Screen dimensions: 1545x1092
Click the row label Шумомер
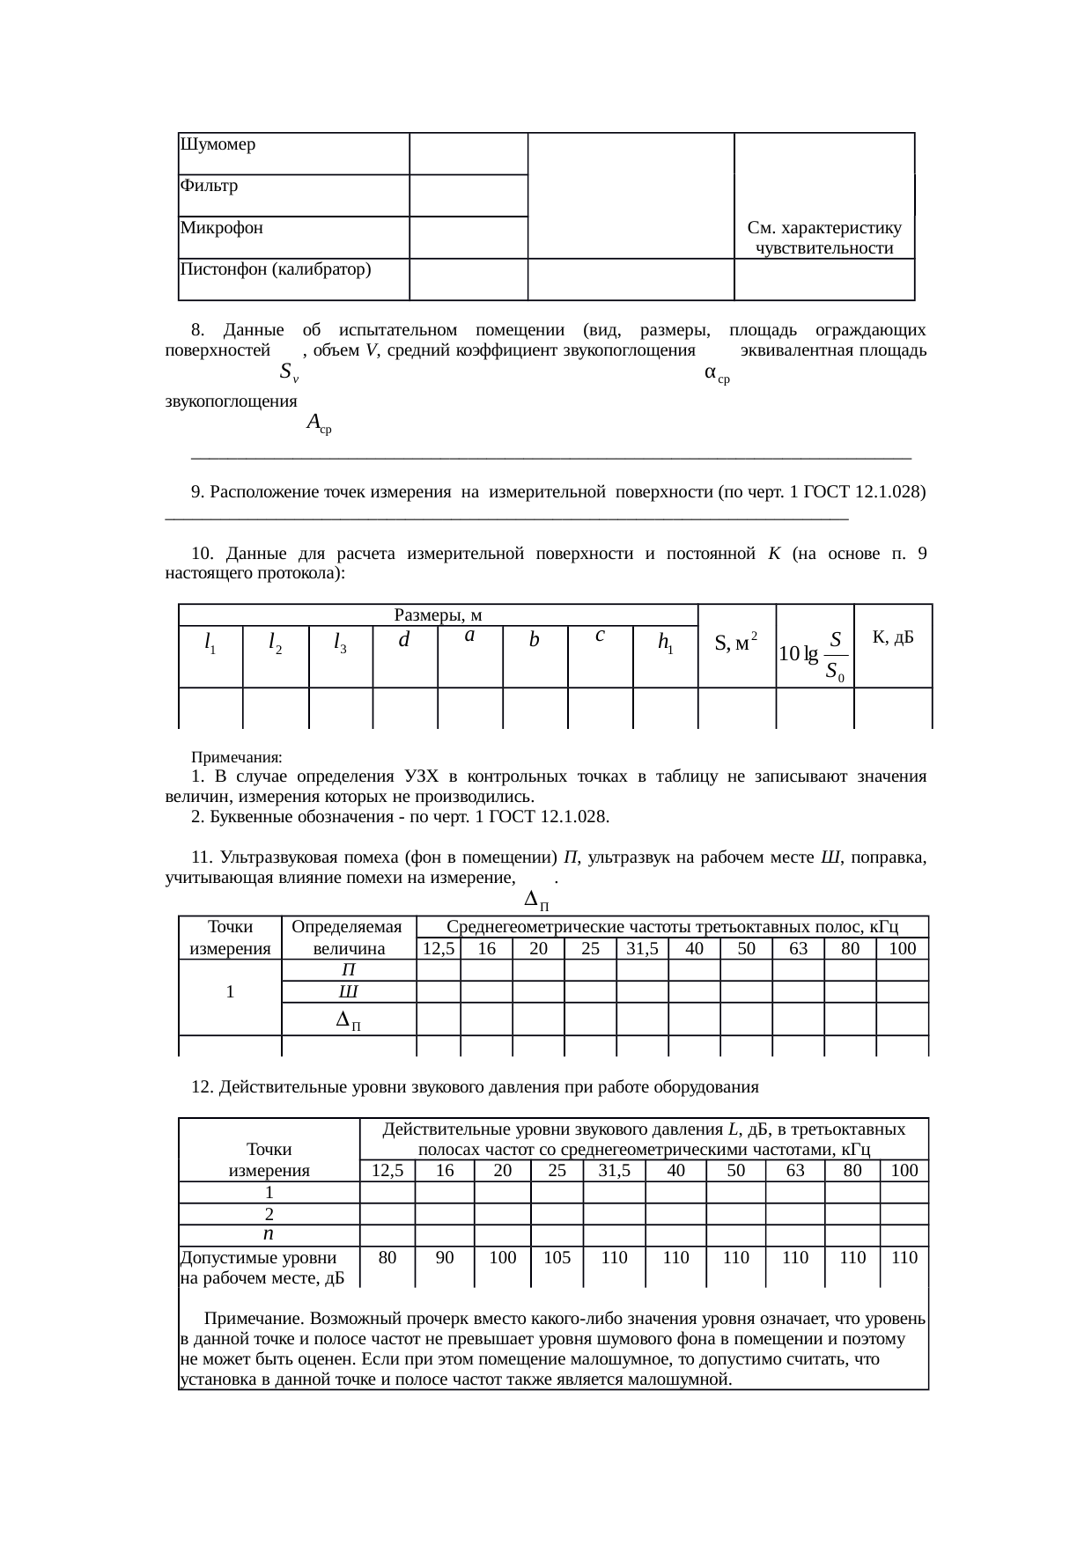[x=218, y=144]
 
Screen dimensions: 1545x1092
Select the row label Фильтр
[x=209, y=186]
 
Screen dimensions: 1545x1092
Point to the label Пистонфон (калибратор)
[x=275, y=269]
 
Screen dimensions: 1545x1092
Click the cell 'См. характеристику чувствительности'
[x=824, y=238]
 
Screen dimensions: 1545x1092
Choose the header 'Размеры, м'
[x=438, y=614]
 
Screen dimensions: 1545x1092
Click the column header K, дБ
[x=892, y=637]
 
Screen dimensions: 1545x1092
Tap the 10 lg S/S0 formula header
[x=815, y=654]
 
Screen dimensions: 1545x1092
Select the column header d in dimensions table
[x=404, y=641]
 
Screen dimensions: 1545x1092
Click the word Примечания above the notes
[x=237, y=757]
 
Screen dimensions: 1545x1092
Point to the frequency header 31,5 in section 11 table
[x=642, y=948]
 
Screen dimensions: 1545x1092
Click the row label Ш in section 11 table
[x=348, y=991]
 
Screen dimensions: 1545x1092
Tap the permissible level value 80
[x=387, y=1258]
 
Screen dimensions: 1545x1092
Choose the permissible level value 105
[x=557, y=1258]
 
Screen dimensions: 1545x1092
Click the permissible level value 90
[x=445, y=1258]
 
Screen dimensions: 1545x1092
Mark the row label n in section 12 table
[x=269, y=1234]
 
